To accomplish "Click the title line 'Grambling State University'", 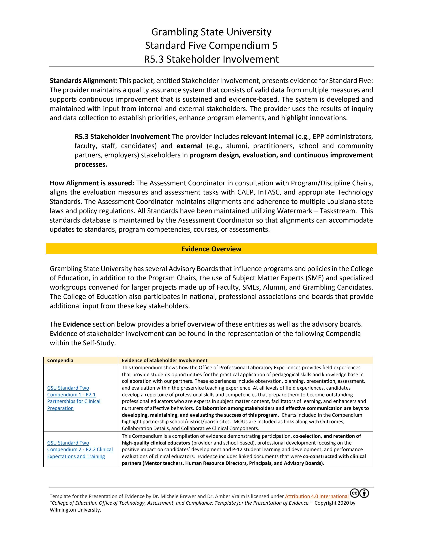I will (211, 32).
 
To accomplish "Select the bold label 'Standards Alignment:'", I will (83, 81).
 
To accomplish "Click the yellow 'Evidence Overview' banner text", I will (211, 249).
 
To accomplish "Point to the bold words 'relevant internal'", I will (267, 137).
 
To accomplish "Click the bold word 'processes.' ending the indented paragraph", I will (91, 165).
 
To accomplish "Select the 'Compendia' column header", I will (60, 361).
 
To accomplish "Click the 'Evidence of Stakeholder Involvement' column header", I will (164, 361).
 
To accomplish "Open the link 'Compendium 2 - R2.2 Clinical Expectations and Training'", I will (80, 450).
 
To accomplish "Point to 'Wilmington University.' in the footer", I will (75, 510).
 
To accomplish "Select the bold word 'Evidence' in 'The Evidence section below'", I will (77, 324).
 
